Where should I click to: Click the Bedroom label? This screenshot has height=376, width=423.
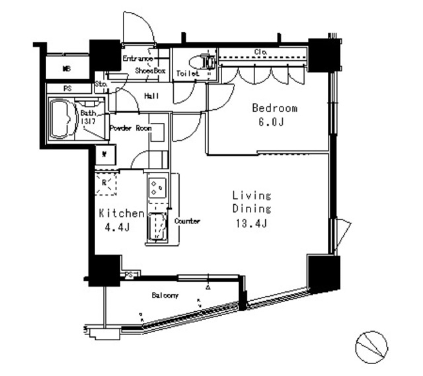pos(274,108)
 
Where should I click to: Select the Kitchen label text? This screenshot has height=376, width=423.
pos(121,214)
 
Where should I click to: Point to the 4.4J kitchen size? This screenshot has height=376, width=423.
pos(117,228)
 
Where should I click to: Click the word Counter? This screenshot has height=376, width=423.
pos(187,221)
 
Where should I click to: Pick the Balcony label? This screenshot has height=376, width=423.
pos(165,295)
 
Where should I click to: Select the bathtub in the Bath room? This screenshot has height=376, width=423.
pos(61,119)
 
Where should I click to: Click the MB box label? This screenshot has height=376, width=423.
pos(67,69)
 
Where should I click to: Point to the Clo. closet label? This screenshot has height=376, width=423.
pos(260,52)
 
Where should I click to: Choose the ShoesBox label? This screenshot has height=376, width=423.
pos(150,70)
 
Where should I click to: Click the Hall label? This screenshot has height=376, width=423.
pos(152,96)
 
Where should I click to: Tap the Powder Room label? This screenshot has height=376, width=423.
pos(130,128)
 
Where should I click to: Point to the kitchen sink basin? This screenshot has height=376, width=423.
pos(157,226)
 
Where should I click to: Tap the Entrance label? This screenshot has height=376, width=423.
pos(137,59)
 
